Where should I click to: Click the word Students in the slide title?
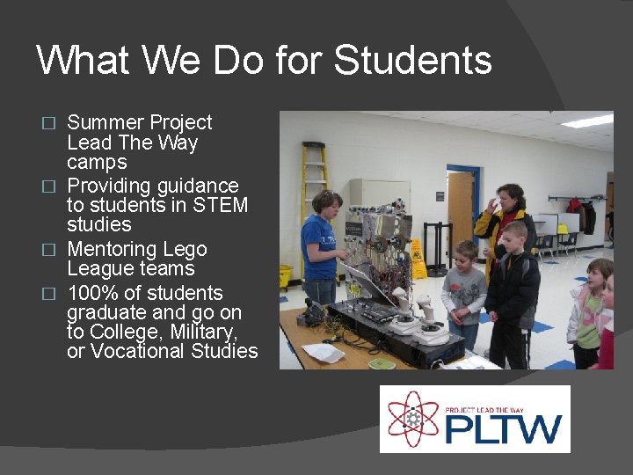tap(413, 61)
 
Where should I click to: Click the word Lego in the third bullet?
tap(185, 249)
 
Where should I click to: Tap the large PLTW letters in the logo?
tap(502, 429)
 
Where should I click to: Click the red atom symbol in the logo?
tap(412, 418)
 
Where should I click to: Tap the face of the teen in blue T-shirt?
tap(328, 203)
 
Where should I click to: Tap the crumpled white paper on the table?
tap(323, 352)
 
